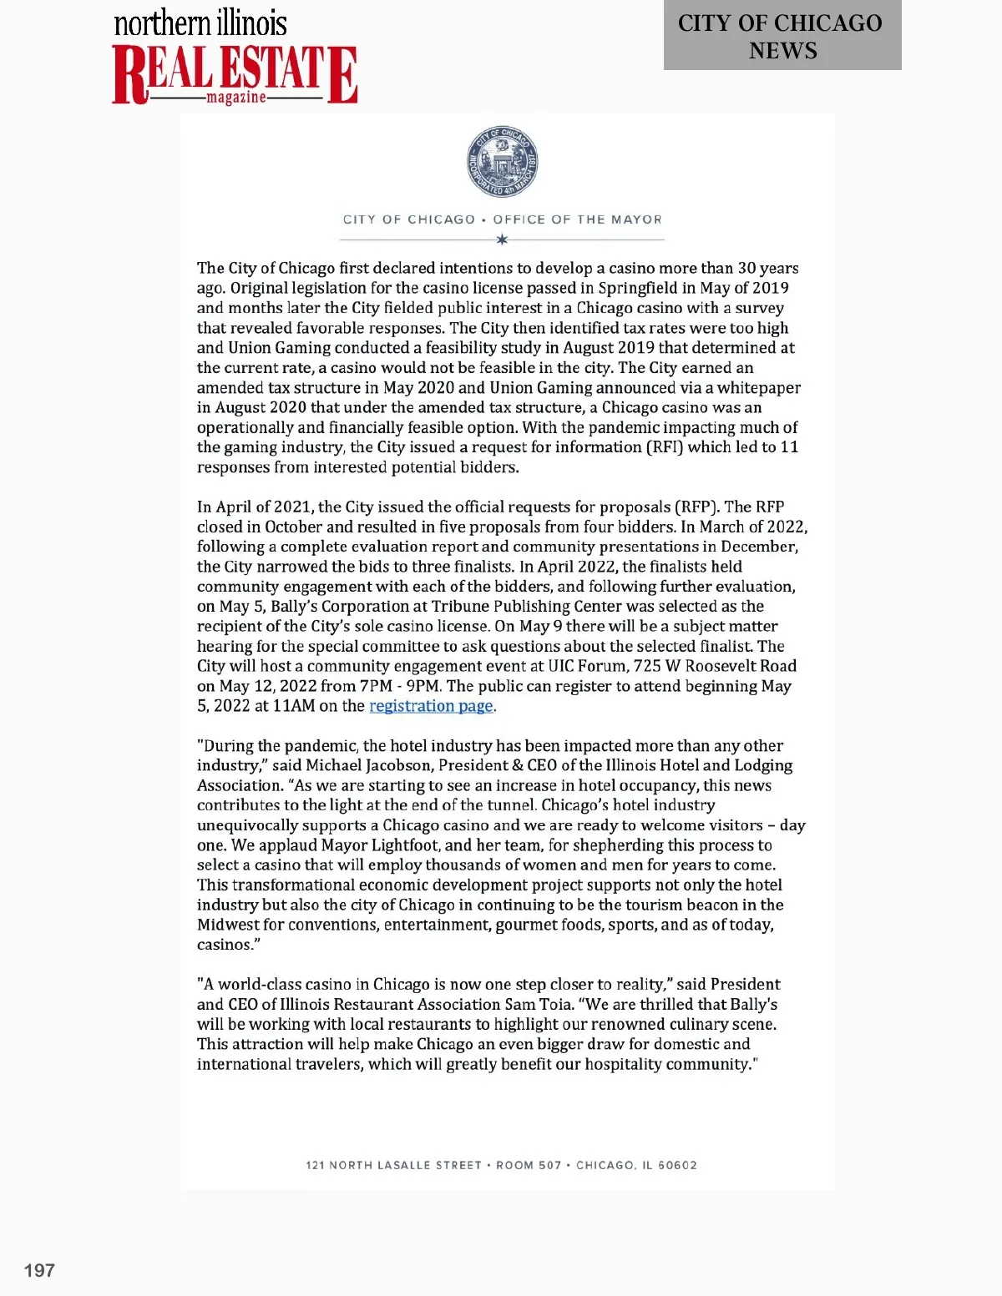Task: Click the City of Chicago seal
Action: point(502,163)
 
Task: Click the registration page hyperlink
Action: point(431,706)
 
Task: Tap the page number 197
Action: point(39,1270)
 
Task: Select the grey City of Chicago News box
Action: point(782,36)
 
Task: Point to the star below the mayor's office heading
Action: point(502,240)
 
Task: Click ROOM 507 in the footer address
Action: point(529,1165)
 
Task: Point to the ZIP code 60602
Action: point(677,1165)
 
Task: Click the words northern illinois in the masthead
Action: point(200,23)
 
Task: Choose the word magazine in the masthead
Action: point(236,98)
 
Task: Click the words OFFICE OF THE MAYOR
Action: point(577,219)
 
